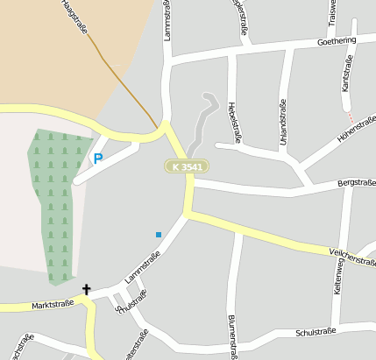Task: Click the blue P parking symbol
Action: click(x=97, y=159)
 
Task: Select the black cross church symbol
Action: click(x=87, y=289)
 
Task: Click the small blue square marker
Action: click(x=159, y=234)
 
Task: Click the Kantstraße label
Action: click(x=347, y=73)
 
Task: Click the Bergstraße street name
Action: click(x=357, y=183)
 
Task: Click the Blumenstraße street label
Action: click(x=233, y=335)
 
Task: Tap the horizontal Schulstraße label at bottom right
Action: click(x=316, y=332)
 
